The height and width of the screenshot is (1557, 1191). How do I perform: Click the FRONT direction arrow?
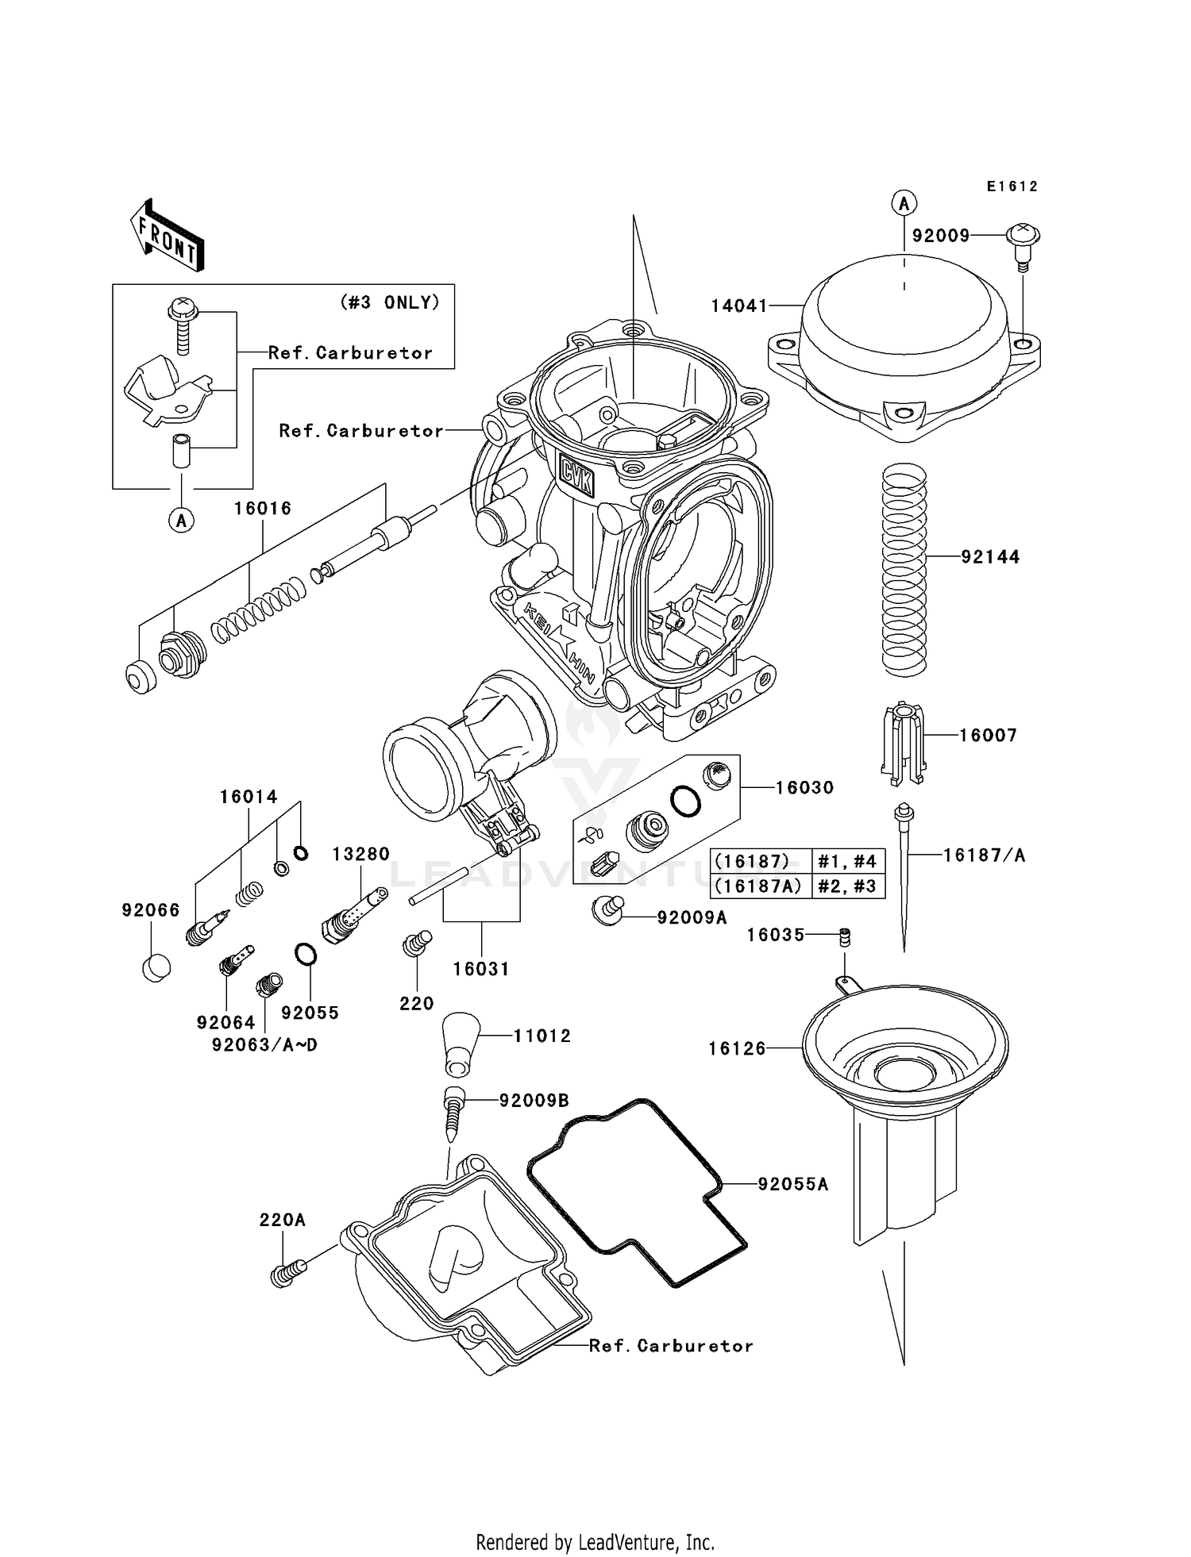(x=168, y=237)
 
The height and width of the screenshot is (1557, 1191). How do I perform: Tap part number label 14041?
(x=738, y=306)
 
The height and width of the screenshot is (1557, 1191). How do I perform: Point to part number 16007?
(x=988, y=736)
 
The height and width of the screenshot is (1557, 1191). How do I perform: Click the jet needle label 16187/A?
(x=985, y=855)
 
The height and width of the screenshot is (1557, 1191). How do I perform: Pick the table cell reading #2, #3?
(x=847, y=886)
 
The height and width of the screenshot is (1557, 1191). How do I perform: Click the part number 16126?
(x=737, y=1049)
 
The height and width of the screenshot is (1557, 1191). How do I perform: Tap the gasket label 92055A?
(x=792, y=1185)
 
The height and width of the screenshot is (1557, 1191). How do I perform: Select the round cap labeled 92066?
(x=156, y=967)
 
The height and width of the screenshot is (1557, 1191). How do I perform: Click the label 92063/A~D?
(x=264, y=1045)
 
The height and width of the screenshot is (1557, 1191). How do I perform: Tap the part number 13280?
(x=361, y=855)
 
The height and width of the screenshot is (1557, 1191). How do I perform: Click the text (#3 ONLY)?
(x=390, y=302)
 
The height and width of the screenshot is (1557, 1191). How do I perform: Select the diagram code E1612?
(x=1012, y=186)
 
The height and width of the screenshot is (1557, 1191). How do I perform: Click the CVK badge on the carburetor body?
(x=576, y=475)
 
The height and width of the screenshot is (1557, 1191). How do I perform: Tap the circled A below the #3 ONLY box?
(x=182, y=521)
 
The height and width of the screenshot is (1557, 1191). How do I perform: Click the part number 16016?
(x=263, y=509)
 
